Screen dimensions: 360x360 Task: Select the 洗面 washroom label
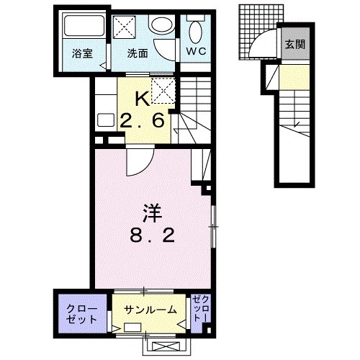tap(138, 53)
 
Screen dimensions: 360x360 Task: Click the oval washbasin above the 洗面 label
tap(160, 24)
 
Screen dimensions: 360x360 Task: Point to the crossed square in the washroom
tap(129, 27)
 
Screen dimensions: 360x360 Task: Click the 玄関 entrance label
tap(294, 45)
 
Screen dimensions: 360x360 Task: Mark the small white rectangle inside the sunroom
tap(134, 327)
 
